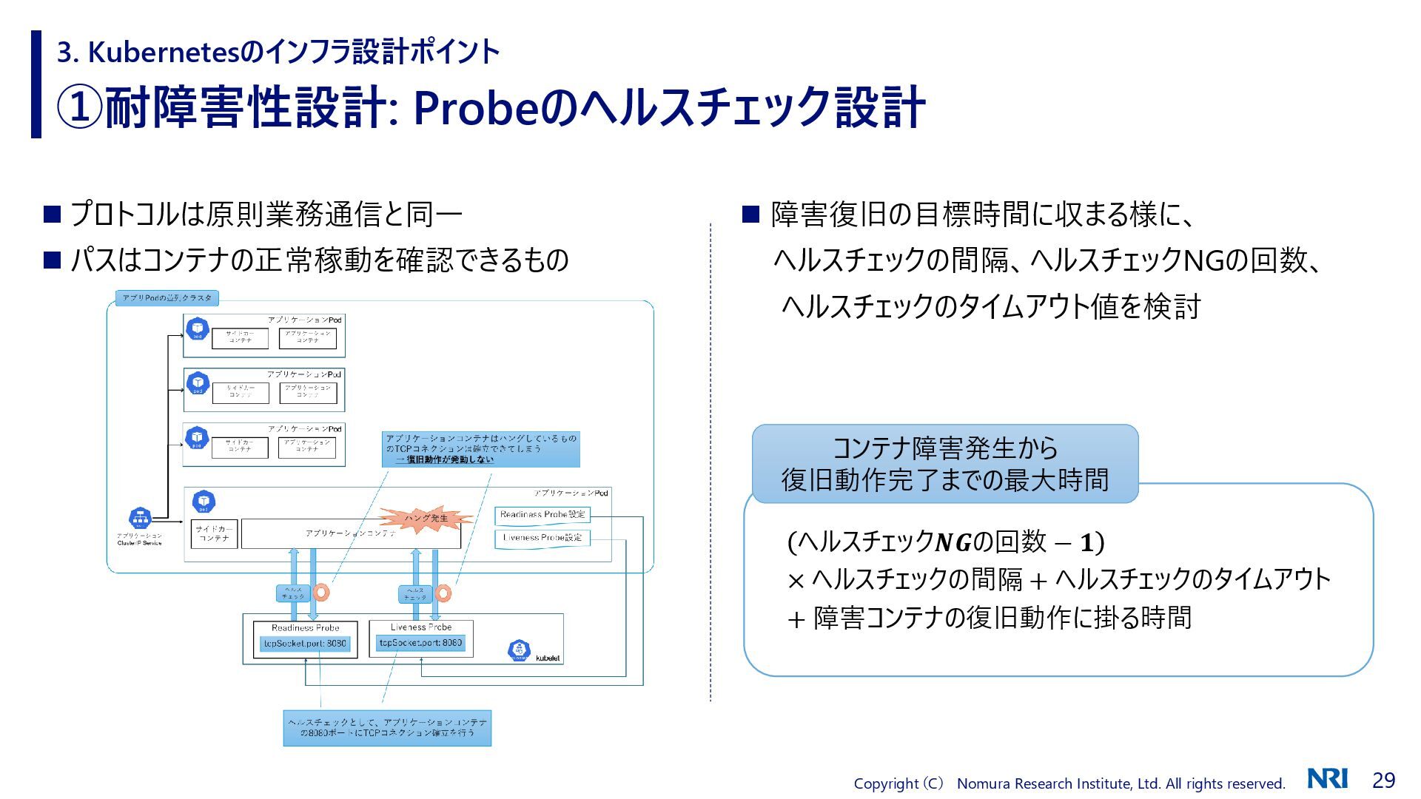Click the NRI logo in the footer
[x=1327, y=778]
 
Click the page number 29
[x=1383, y=781]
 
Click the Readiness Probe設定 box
[x=542, y=515]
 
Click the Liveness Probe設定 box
[x=542, y=538]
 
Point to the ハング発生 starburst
[x=426, y=517]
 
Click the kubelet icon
[x=520, y=650]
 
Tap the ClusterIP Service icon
[x=140, y=518]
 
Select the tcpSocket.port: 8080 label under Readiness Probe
[x=305, y=644]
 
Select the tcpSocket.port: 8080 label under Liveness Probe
[x=420, y=643]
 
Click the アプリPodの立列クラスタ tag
[x=167, y=298]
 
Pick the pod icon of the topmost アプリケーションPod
[x=198, y=329]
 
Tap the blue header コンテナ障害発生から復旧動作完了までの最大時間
[x=944, y=464]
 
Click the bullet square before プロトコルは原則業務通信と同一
[x=51, y=215]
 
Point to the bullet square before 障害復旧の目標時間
[x=750, y=215]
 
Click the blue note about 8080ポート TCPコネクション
[x=387, y=728]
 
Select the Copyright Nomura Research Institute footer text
[x=1069, y=783]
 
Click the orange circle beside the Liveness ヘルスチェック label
[x=443, y=593]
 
